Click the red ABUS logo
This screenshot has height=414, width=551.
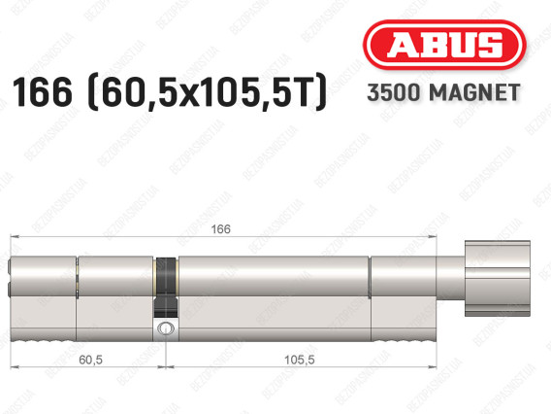(x=444, y=45)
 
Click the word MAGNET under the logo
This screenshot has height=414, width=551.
(x=474, y=92)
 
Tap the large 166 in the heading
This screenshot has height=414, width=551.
(x=42, y=92)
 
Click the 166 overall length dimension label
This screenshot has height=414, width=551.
(x=220, y=229)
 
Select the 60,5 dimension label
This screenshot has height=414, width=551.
(x=90, y=360)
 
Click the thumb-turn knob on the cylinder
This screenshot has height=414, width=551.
(x=498, y=279)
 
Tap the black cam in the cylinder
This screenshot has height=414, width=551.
(x=166, y=287)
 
